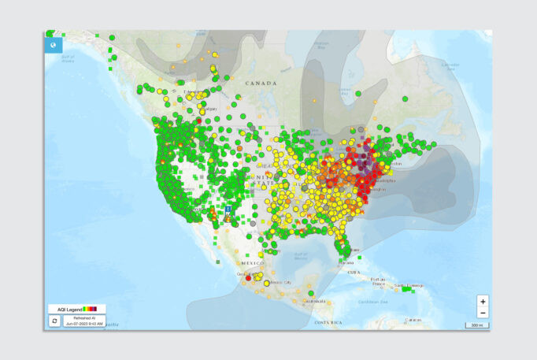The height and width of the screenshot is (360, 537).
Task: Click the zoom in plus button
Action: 483,301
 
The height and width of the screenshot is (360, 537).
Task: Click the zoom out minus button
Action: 483,313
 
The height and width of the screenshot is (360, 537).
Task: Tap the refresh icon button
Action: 54,321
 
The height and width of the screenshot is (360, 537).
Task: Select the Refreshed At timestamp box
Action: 86,321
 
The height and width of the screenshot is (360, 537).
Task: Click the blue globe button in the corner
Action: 53,45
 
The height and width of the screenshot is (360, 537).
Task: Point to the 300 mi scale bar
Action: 476,325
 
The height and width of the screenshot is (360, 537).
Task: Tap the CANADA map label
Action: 261,83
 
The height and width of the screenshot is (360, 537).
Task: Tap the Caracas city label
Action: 415,320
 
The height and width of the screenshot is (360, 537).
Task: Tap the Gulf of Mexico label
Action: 299,254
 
